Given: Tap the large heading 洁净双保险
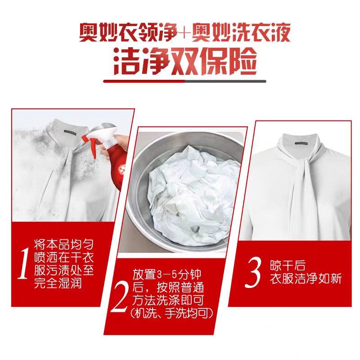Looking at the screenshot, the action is click(185, 61).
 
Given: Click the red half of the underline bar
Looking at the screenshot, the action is click(144, 81).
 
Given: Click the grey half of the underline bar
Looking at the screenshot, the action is click(226, 81).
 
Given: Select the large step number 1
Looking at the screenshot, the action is click(24, 263).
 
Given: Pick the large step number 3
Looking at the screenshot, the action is click(253, 272).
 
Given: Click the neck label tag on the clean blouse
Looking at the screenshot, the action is click(301, 144).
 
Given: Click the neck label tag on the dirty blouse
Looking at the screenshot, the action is click(70, 131).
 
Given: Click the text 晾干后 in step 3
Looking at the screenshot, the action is click(288, 265).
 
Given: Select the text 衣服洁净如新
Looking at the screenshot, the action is click(306, 279).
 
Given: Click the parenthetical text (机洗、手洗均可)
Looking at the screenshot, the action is click(171, 313).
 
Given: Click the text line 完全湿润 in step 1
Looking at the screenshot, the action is click(58, 283).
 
